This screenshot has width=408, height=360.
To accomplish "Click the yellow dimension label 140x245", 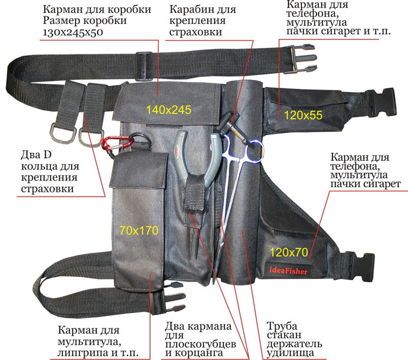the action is [169, 110].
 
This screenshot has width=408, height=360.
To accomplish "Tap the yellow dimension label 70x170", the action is [139, 230].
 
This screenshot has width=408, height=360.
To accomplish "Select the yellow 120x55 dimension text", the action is [303, 115].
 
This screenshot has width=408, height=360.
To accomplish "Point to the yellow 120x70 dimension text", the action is [289, 252].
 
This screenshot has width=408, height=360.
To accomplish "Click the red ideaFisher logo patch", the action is [288, 271].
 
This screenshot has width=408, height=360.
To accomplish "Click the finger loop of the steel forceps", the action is [256, 151].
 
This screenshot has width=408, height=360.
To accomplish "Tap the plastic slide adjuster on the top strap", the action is [144, 66].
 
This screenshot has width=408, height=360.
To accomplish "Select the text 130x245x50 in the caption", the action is [73, 32].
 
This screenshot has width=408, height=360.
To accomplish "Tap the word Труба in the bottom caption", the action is [282, 326].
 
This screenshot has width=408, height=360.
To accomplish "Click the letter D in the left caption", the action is [47, 155].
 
